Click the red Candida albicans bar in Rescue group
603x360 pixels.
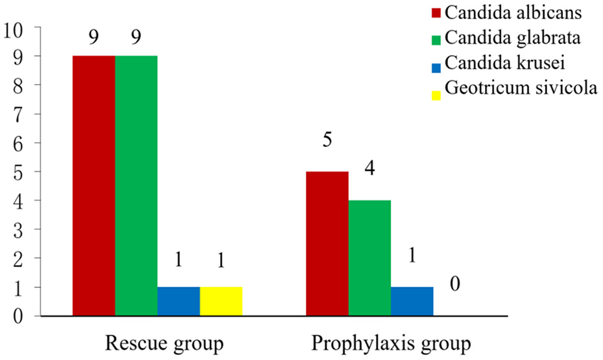pyautogui.click(x=94, y=186)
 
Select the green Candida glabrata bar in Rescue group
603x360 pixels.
pyautogui.click(x=136, y=186)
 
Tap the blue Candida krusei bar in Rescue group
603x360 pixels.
pyautogui.click(x=179, y=301)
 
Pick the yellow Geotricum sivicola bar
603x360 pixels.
pyautogui.click(x=221, y=301)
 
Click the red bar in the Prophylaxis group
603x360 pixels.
pyautogui.click(x=327, y=243)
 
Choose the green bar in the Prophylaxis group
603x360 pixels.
pyautogui.click(x=369, y=258)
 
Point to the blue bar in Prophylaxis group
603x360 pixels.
pyautogui.click(x=412, y=301)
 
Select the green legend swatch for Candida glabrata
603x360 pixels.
pyautogui.click(x=437, y=40)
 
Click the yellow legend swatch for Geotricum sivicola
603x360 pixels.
pyautogui.click(x=437, y=95)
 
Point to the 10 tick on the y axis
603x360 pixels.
pyautogui.click(x=14, y=28)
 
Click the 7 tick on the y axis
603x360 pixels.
pyautogui.click(x=20, y=114)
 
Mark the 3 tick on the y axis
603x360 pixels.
pyautogui.click(x=20, y=229)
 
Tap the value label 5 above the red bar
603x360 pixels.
pyautogui.click(x=327, y=140)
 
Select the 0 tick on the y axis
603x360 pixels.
pyautogui.click(x=20, y=315)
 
